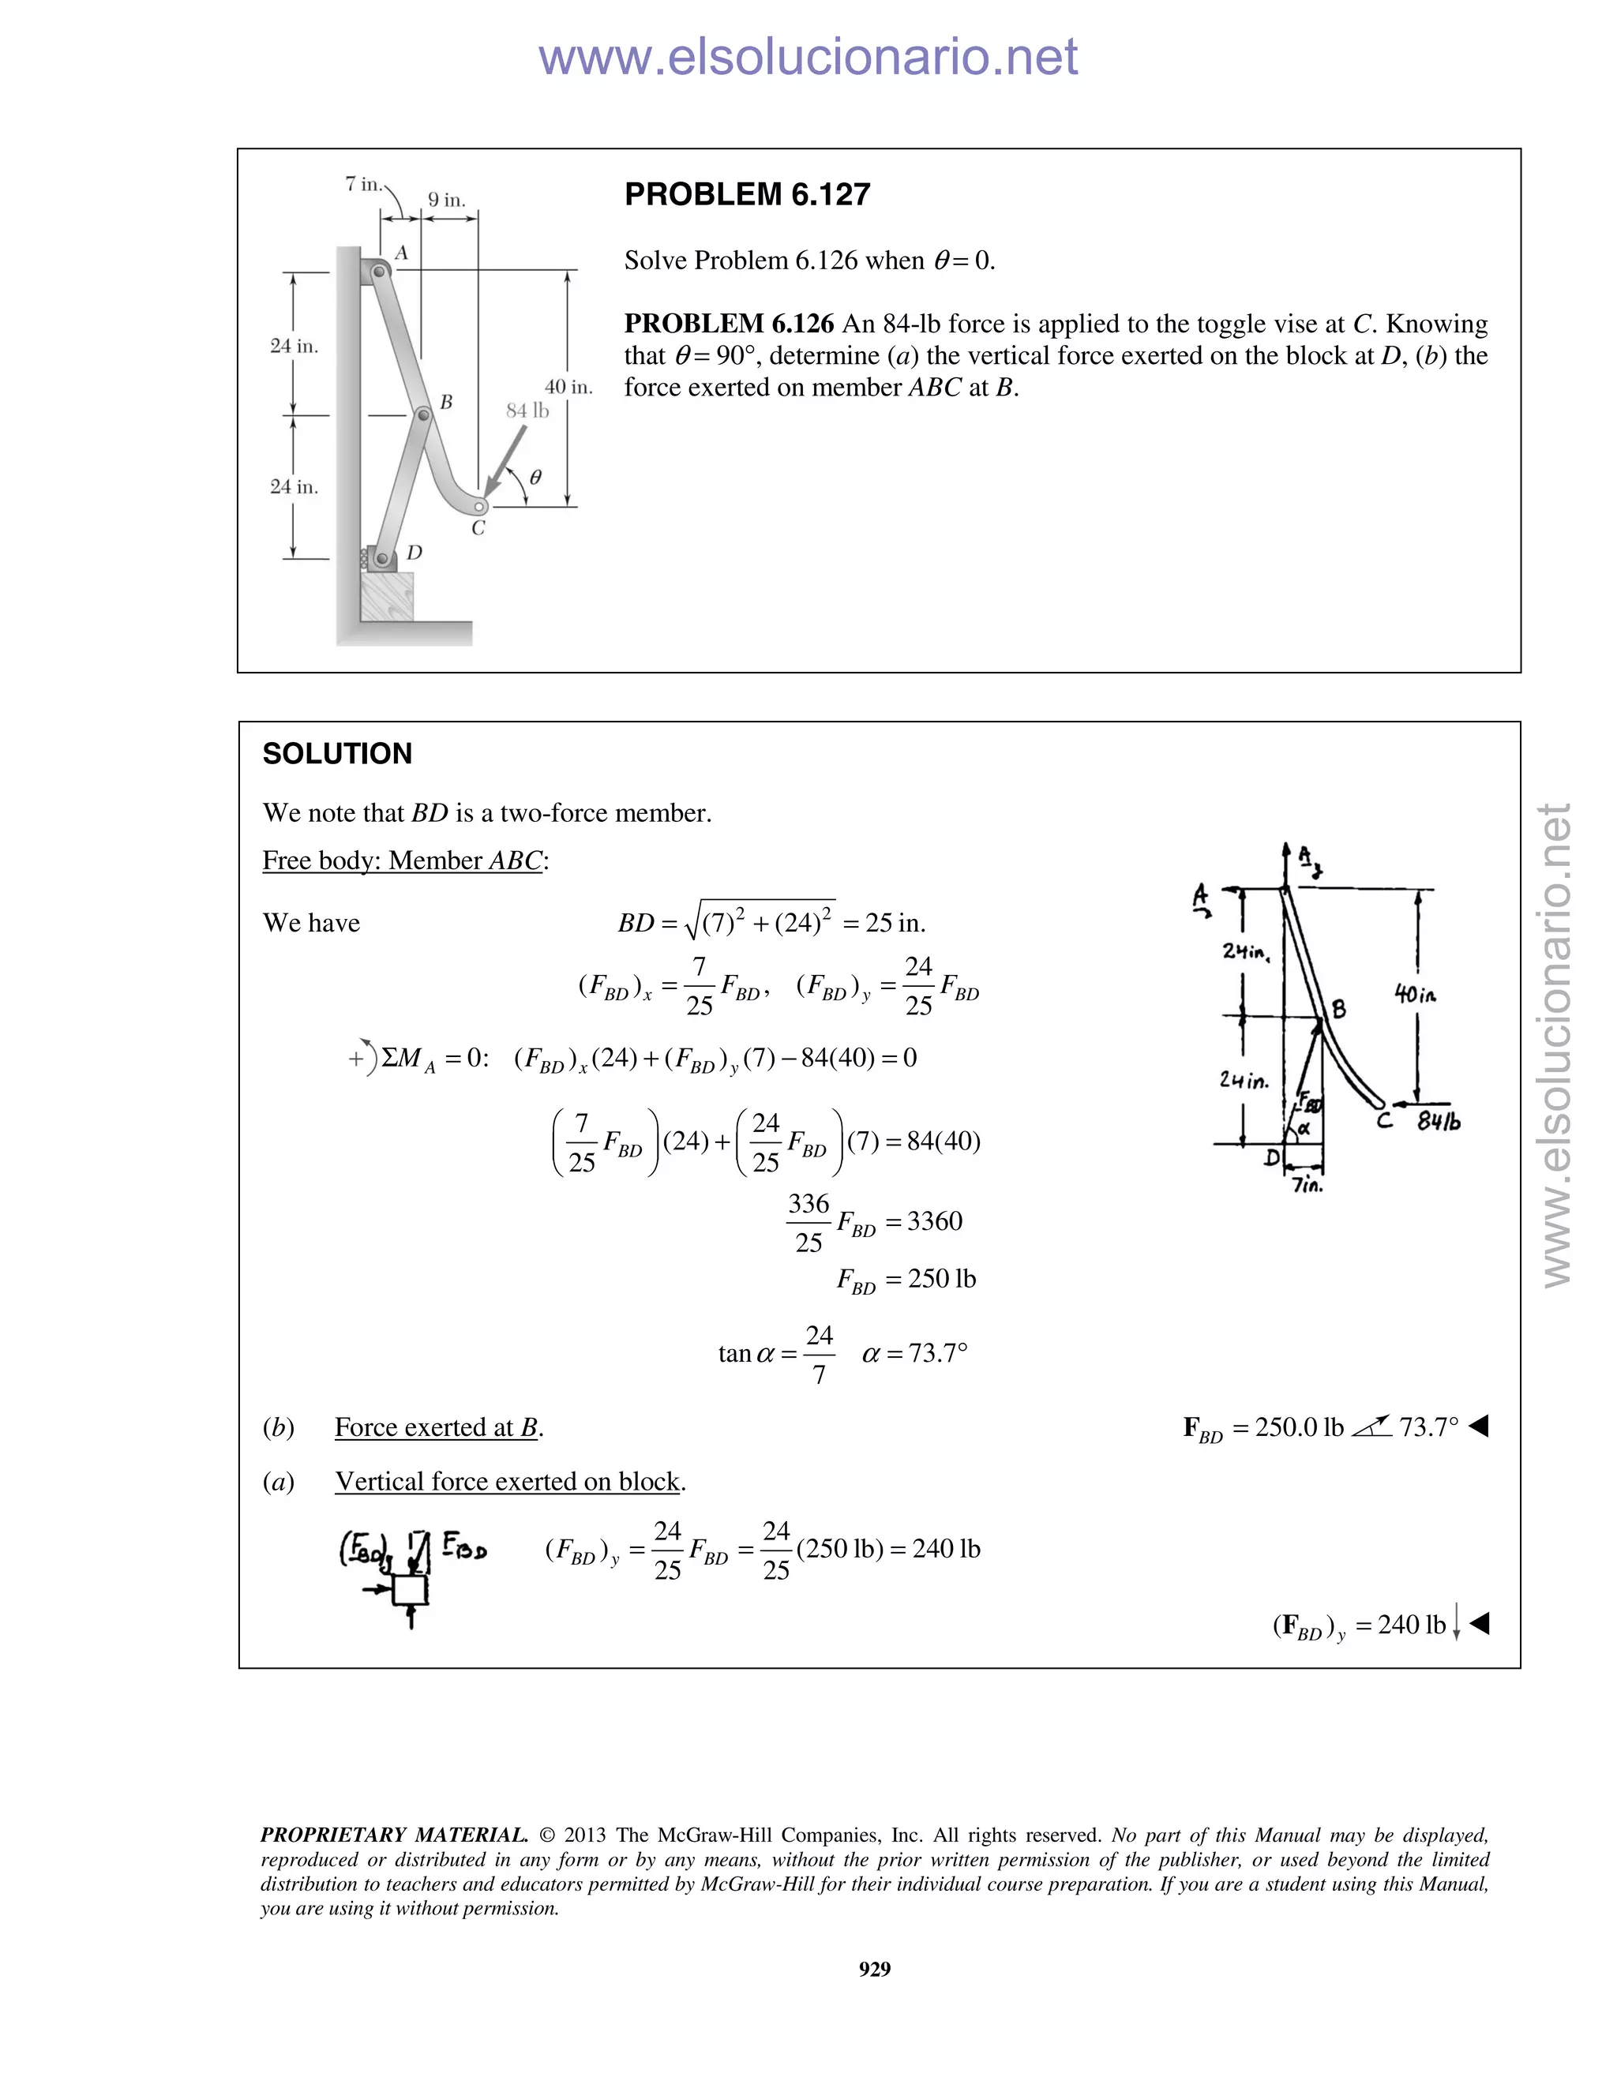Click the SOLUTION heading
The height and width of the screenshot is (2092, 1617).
coord(337,754)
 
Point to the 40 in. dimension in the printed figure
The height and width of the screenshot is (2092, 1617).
coord(568,387)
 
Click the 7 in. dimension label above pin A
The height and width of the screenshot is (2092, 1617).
coord(363,183)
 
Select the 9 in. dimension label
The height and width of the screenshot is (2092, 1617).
coord(446,201)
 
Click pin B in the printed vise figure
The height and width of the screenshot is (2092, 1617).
coord(422,416)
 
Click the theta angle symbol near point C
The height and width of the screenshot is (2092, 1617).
coord(535,476)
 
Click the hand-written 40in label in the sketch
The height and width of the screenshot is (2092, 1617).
coord(1415,995)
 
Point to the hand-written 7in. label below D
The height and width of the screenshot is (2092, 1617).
coord(1307,1185)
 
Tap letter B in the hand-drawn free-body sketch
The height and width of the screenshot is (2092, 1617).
coord(1338,1009)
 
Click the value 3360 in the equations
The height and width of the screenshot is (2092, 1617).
coord(934,1221)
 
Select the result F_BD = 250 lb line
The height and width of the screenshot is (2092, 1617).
coord(906,1280)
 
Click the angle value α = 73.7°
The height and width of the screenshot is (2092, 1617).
coord(915,1353)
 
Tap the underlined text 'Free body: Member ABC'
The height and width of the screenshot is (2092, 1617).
coord(403,860)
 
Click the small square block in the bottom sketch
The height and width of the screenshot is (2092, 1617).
coord(410,1589)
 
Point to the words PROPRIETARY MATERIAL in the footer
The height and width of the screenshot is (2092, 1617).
coord(394,1835)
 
